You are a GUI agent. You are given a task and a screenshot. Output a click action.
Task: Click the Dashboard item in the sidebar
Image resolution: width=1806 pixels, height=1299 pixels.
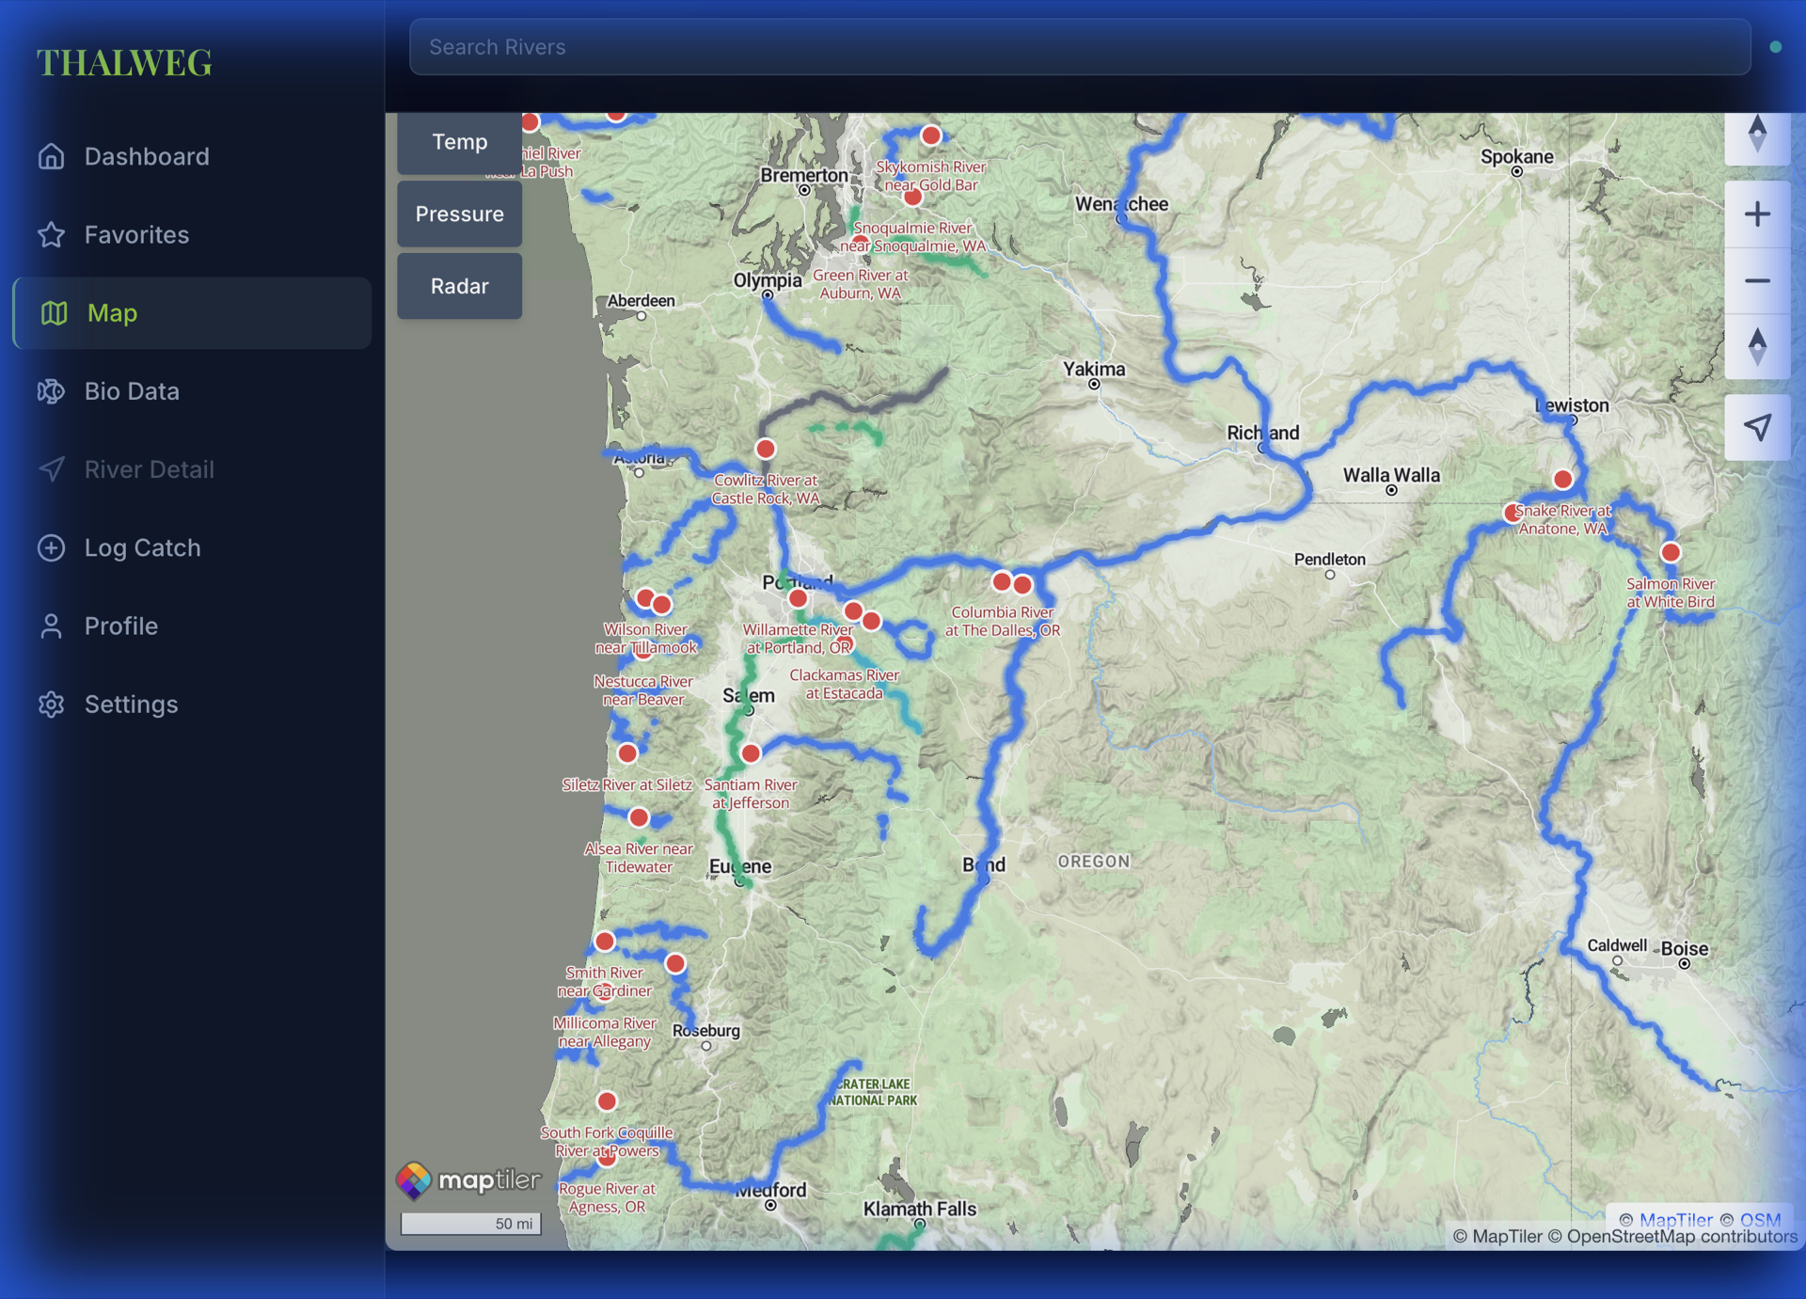point(147,156)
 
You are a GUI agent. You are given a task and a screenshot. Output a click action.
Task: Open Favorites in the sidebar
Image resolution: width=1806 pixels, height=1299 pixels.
point(136,234)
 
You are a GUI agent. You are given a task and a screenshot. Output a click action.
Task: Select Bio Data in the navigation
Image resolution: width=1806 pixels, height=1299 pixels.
point(132,391)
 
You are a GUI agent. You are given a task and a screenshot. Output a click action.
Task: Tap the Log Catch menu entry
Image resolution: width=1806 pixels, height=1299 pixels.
point(142,547)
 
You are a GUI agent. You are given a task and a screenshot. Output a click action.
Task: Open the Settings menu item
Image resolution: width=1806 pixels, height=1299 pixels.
point(131,705)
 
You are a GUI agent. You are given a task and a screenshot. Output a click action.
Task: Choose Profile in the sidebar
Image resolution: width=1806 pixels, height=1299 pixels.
point(120,626)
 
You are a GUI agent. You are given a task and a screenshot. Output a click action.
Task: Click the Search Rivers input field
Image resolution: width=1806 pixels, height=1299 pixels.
point(1080,47)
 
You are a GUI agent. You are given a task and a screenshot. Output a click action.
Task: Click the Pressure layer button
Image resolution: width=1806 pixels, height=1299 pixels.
point(459,214)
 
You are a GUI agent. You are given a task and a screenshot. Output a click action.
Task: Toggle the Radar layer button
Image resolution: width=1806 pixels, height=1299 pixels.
point(459,286)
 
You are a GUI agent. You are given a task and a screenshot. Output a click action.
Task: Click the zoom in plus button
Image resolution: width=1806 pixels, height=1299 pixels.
point(1757,214)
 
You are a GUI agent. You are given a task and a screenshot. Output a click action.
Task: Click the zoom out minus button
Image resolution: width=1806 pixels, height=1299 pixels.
point(1757,281)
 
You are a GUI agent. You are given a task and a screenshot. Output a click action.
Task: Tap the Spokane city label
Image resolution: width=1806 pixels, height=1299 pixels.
point(1516,157)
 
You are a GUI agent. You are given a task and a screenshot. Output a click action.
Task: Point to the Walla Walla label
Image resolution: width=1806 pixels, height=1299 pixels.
point(1391,475)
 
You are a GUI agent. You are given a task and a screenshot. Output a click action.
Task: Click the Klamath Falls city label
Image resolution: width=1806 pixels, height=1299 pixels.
point(919,1209)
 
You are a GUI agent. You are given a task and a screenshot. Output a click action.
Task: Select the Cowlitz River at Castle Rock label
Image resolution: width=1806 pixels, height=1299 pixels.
point(765,489)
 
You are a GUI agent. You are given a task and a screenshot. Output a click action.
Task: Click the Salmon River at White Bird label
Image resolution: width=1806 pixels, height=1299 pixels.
point(1670,593)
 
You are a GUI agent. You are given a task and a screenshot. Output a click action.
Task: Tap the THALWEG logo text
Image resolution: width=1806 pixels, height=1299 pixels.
point(124,63)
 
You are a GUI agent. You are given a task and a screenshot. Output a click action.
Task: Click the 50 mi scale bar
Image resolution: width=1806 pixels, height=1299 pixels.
point(470,1223)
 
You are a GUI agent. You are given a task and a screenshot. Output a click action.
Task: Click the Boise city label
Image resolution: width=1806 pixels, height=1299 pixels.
point(1684,948)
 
